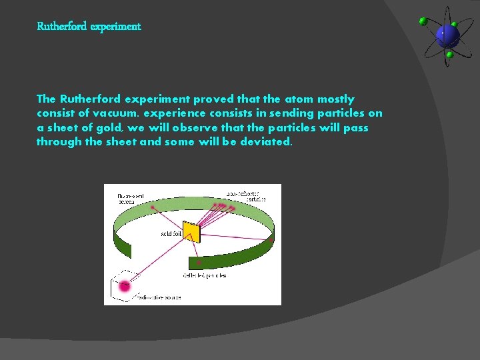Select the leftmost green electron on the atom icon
(x=423, y=21)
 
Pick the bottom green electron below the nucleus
(x=449, y=55)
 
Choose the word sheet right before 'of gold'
(x=61, y=127)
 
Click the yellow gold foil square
(x=191, y=232)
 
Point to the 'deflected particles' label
(x=205, y=275)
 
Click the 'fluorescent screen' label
(x=131, y=199)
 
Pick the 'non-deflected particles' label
(x=246, y=196)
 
